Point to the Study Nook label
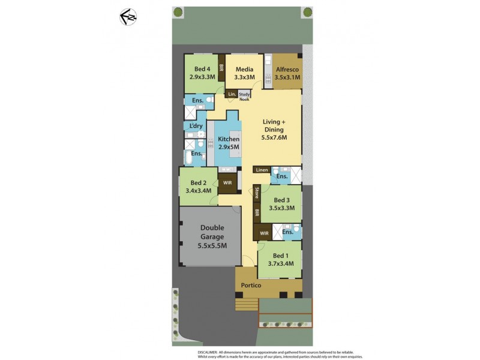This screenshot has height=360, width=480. point(244,96)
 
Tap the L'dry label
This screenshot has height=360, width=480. point(196,126)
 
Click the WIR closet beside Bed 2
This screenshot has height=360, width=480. point(227,183)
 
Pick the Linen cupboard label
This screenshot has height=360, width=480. point(262,170)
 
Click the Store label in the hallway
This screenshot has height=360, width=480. point(256,193)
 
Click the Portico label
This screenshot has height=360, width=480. point(251,286)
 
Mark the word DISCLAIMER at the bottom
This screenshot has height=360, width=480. point(211,352)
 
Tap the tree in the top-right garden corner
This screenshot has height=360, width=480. point(307,12)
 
